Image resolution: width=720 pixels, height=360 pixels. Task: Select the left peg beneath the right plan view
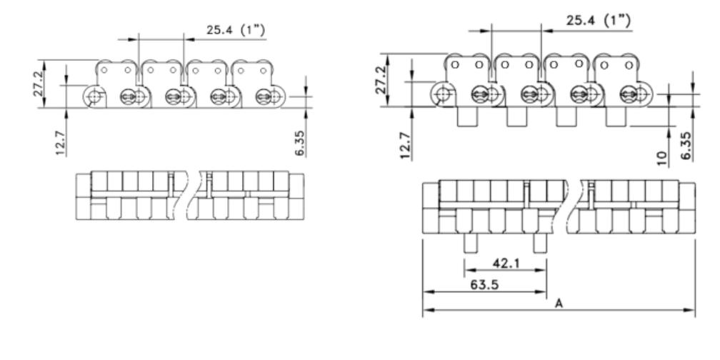tap(471, 243)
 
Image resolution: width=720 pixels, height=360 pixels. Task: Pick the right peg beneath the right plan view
tap(541, 243)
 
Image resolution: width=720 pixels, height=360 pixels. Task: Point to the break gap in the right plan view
tap(571, 206)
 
